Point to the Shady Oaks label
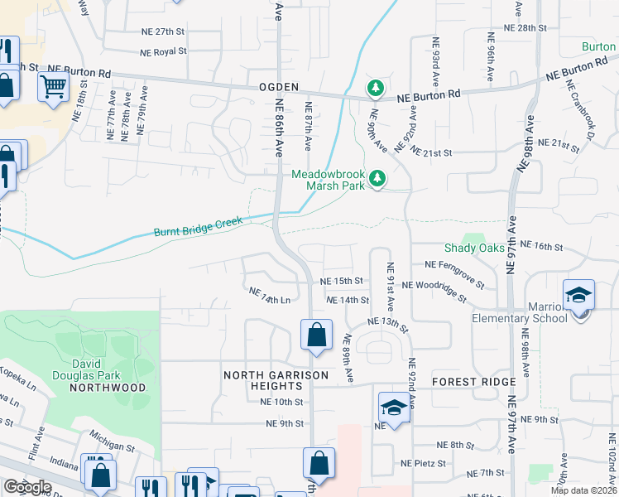pyautogui.click(x=474, y=248)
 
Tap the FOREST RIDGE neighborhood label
pyautogui.click(x=473, y=382)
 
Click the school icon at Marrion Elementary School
pyautogui.click(x=578, y=294)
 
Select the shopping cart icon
pyautogui.click(x=53, y=84)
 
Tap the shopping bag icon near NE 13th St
pyautogui.click(x=316, y=335)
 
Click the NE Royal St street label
pyautogui.click(x=163, y=51)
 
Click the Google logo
pyautogui.click(x=26, y=486)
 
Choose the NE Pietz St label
pyautogui.click(x=423, y=464)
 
